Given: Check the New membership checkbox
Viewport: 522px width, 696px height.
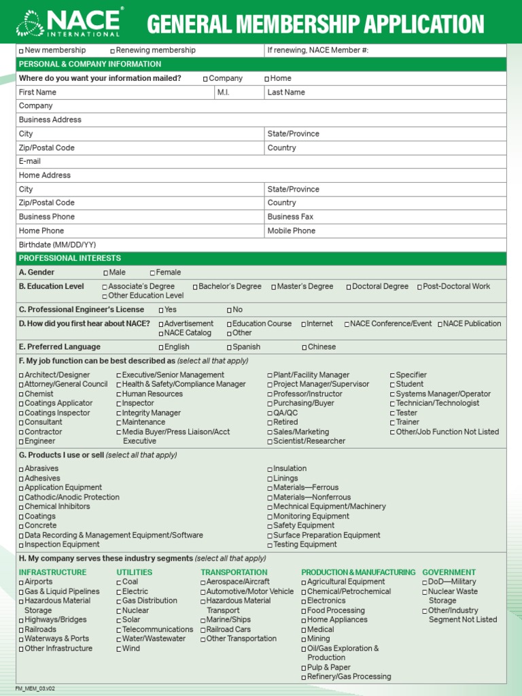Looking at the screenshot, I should coord(21,51).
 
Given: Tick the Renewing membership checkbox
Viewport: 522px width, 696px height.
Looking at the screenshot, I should coord(113,51).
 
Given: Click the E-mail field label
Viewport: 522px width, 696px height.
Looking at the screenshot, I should coord(30,162).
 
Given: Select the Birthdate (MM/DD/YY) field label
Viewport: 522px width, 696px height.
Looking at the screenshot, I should coord(57,245).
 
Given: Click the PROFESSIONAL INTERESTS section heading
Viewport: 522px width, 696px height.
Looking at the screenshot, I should coord(70,258).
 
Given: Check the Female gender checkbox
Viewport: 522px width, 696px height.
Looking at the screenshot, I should coord(153,273).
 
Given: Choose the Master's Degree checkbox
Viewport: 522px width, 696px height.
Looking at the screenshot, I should coord(274,287).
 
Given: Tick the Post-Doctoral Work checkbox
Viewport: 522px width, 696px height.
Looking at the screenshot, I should coord(419,287).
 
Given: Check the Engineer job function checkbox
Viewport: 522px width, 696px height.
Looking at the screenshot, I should coord(21,442).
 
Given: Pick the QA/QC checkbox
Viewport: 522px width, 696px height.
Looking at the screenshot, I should coord(270,413).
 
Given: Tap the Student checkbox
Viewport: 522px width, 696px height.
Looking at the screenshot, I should coord(392,385).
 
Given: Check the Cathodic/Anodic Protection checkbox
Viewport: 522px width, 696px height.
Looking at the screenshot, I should coord(21,498).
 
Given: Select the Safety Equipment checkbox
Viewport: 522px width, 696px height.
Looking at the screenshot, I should coord(270,526).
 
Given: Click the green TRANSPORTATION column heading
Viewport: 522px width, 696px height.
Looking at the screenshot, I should coord(234,572).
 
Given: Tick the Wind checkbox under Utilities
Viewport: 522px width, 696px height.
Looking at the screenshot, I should coord(119,649).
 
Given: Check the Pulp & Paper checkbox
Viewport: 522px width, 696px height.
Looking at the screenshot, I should coord(304,668).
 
